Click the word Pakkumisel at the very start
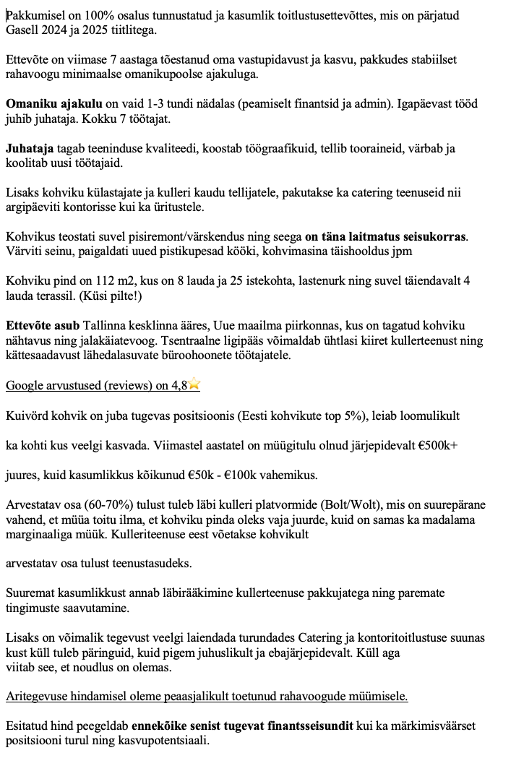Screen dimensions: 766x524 tap(31, 14)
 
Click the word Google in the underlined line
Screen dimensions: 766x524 tap(28, 386)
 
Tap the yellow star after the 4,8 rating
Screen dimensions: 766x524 tap(194, 386)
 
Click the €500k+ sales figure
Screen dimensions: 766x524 tap(434, 446)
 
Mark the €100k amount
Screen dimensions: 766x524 tap(284, 476)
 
